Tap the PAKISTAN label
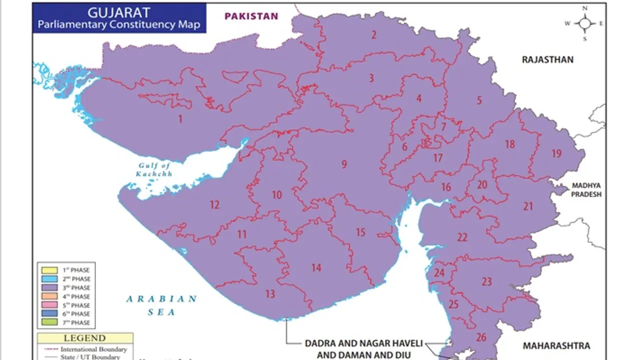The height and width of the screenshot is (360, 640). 251,16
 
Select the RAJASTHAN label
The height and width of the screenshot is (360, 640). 547,59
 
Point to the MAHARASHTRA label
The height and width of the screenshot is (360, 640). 556,345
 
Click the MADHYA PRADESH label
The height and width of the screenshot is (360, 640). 586,189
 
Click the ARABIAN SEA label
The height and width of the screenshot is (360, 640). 161,305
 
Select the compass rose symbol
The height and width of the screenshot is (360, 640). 584,23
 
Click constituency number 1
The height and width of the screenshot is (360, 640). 180,119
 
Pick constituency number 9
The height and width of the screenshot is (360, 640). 344,164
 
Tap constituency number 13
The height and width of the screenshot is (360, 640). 270,294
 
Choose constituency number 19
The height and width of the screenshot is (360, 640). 556,153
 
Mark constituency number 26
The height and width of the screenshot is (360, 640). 481,337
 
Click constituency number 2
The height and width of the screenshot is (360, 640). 373,34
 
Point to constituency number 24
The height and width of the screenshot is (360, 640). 439,273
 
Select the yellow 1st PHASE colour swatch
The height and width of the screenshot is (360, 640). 48,270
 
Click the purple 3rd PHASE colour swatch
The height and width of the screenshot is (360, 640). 48,287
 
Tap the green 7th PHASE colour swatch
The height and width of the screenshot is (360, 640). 48,322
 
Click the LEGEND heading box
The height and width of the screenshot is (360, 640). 84,338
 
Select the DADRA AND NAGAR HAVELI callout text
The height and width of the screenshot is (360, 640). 364,344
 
